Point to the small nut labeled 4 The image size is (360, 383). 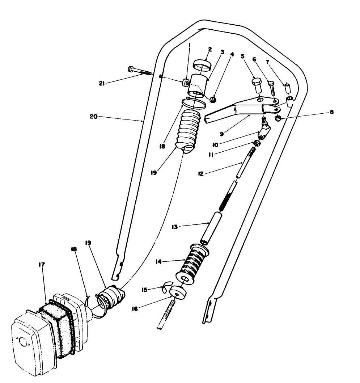click(213, 99)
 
